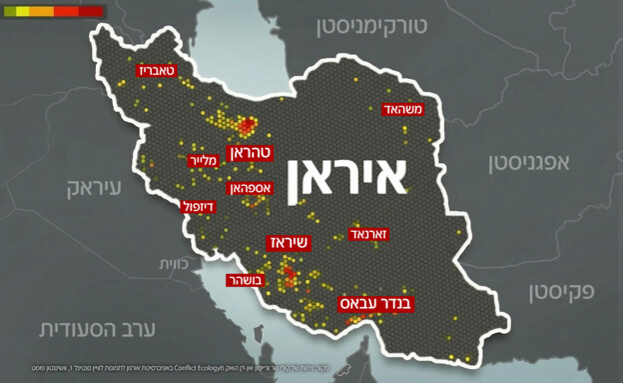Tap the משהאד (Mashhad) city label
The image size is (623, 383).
point(404,109)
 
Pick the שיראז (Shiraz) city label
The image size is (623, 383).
point(290,242)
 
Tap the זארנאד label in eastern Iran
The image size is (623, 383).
point(369,233)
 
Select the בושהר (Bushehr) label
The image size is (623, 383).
point(246,280)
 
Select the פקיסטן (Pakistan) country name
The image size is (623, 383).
point(560,292)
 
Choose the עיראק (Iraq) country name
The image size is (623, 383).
point(95,187)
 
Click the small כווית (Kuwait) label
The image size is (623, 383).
point(170,263)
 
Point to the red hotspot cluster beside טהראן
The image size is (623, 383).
point(245,126)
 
